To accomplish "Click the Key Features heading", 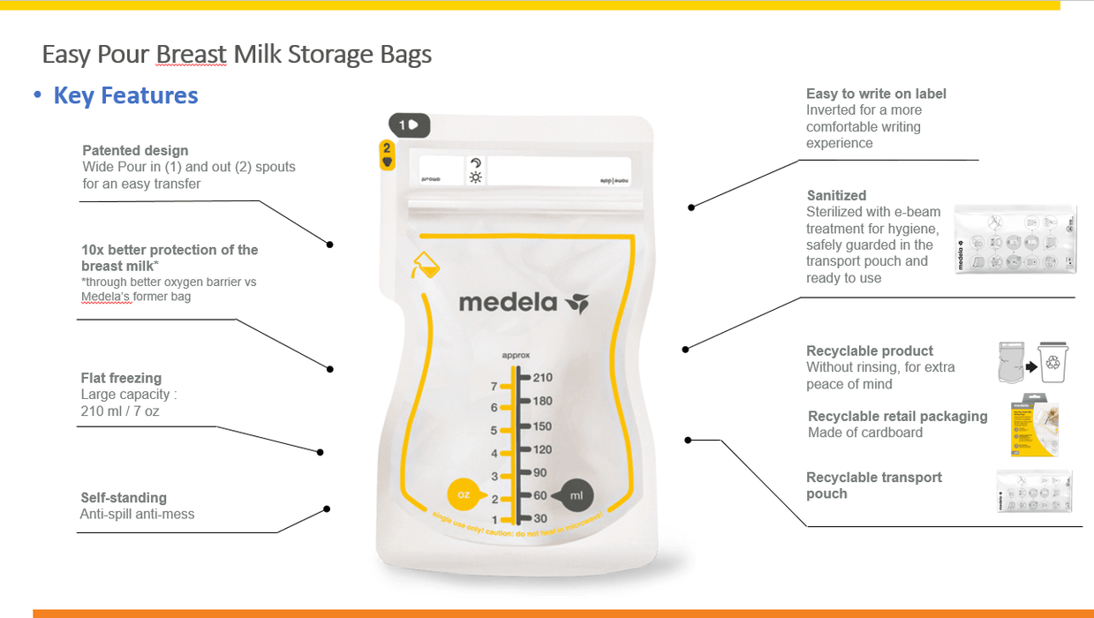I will click(125, 95).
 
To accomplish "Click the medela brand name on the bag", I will click(508, 304).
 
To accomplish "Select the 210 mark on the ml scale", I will click(542, 378).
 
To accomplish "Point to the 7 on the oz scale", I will click(494, 387).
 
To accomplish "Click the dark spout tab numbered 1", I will click(410, 125).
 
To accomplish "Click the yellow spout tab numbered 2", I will click(387, 154).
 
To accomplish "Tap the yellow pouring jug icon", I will click(425, 266).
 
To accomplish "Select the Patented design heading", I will click(135, 150).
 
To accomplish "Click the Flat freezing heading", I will click(121, 378).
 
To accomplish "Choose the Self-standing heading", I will click(124, 497).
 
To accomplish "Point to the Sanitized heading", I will click(836, 195).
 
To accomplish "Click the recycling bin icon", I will click(1053, 362).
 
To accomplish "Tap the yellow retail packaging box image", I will click(1034, 425).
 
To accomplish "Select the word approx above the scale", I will click(516, 356).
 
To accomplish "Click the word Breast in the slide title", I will click(192, 55).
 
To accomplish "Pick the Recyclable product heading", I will click(870, 350).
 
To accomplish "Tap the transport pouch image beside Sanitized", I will click(1016, 238).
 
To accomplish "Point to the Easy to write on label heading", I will click(876, 94).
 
